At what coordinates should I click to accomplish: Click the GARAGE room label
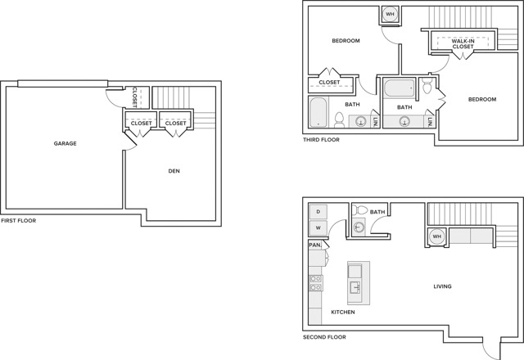65,144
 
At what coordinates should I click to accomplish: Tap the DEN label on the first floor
174,171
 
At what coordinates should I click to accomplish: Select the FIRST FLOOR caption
18,221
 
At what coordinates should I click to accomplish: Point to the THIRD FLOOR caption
321,140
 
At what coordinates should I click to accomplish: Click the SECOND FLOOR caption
324,337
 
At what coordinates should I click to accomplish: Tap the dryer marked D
318,212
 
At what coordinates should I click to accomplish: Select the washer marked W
318,227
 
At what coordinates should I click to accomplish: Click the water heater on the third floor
390,15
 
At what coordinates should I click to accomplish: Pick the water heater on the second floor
437,236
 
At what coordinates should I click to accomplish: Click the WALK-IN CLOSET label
463,43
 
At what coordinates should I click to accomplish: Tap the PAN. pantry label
314,245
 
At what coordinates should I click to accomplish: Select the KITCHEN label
343,313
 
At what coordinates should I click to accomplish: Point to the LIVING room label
442,286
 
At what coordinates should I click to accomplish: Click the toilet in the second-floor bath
359,210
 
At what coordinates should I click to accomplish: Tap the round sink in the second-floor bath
359,227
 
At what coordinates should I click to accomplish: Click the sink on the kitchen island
355,287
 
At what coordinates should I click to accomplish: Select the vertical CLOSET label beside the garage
134,97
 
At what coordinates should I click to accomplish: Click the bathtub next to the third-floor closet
318,113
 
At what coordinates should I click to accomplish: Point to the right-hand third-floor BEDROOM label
482,100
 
